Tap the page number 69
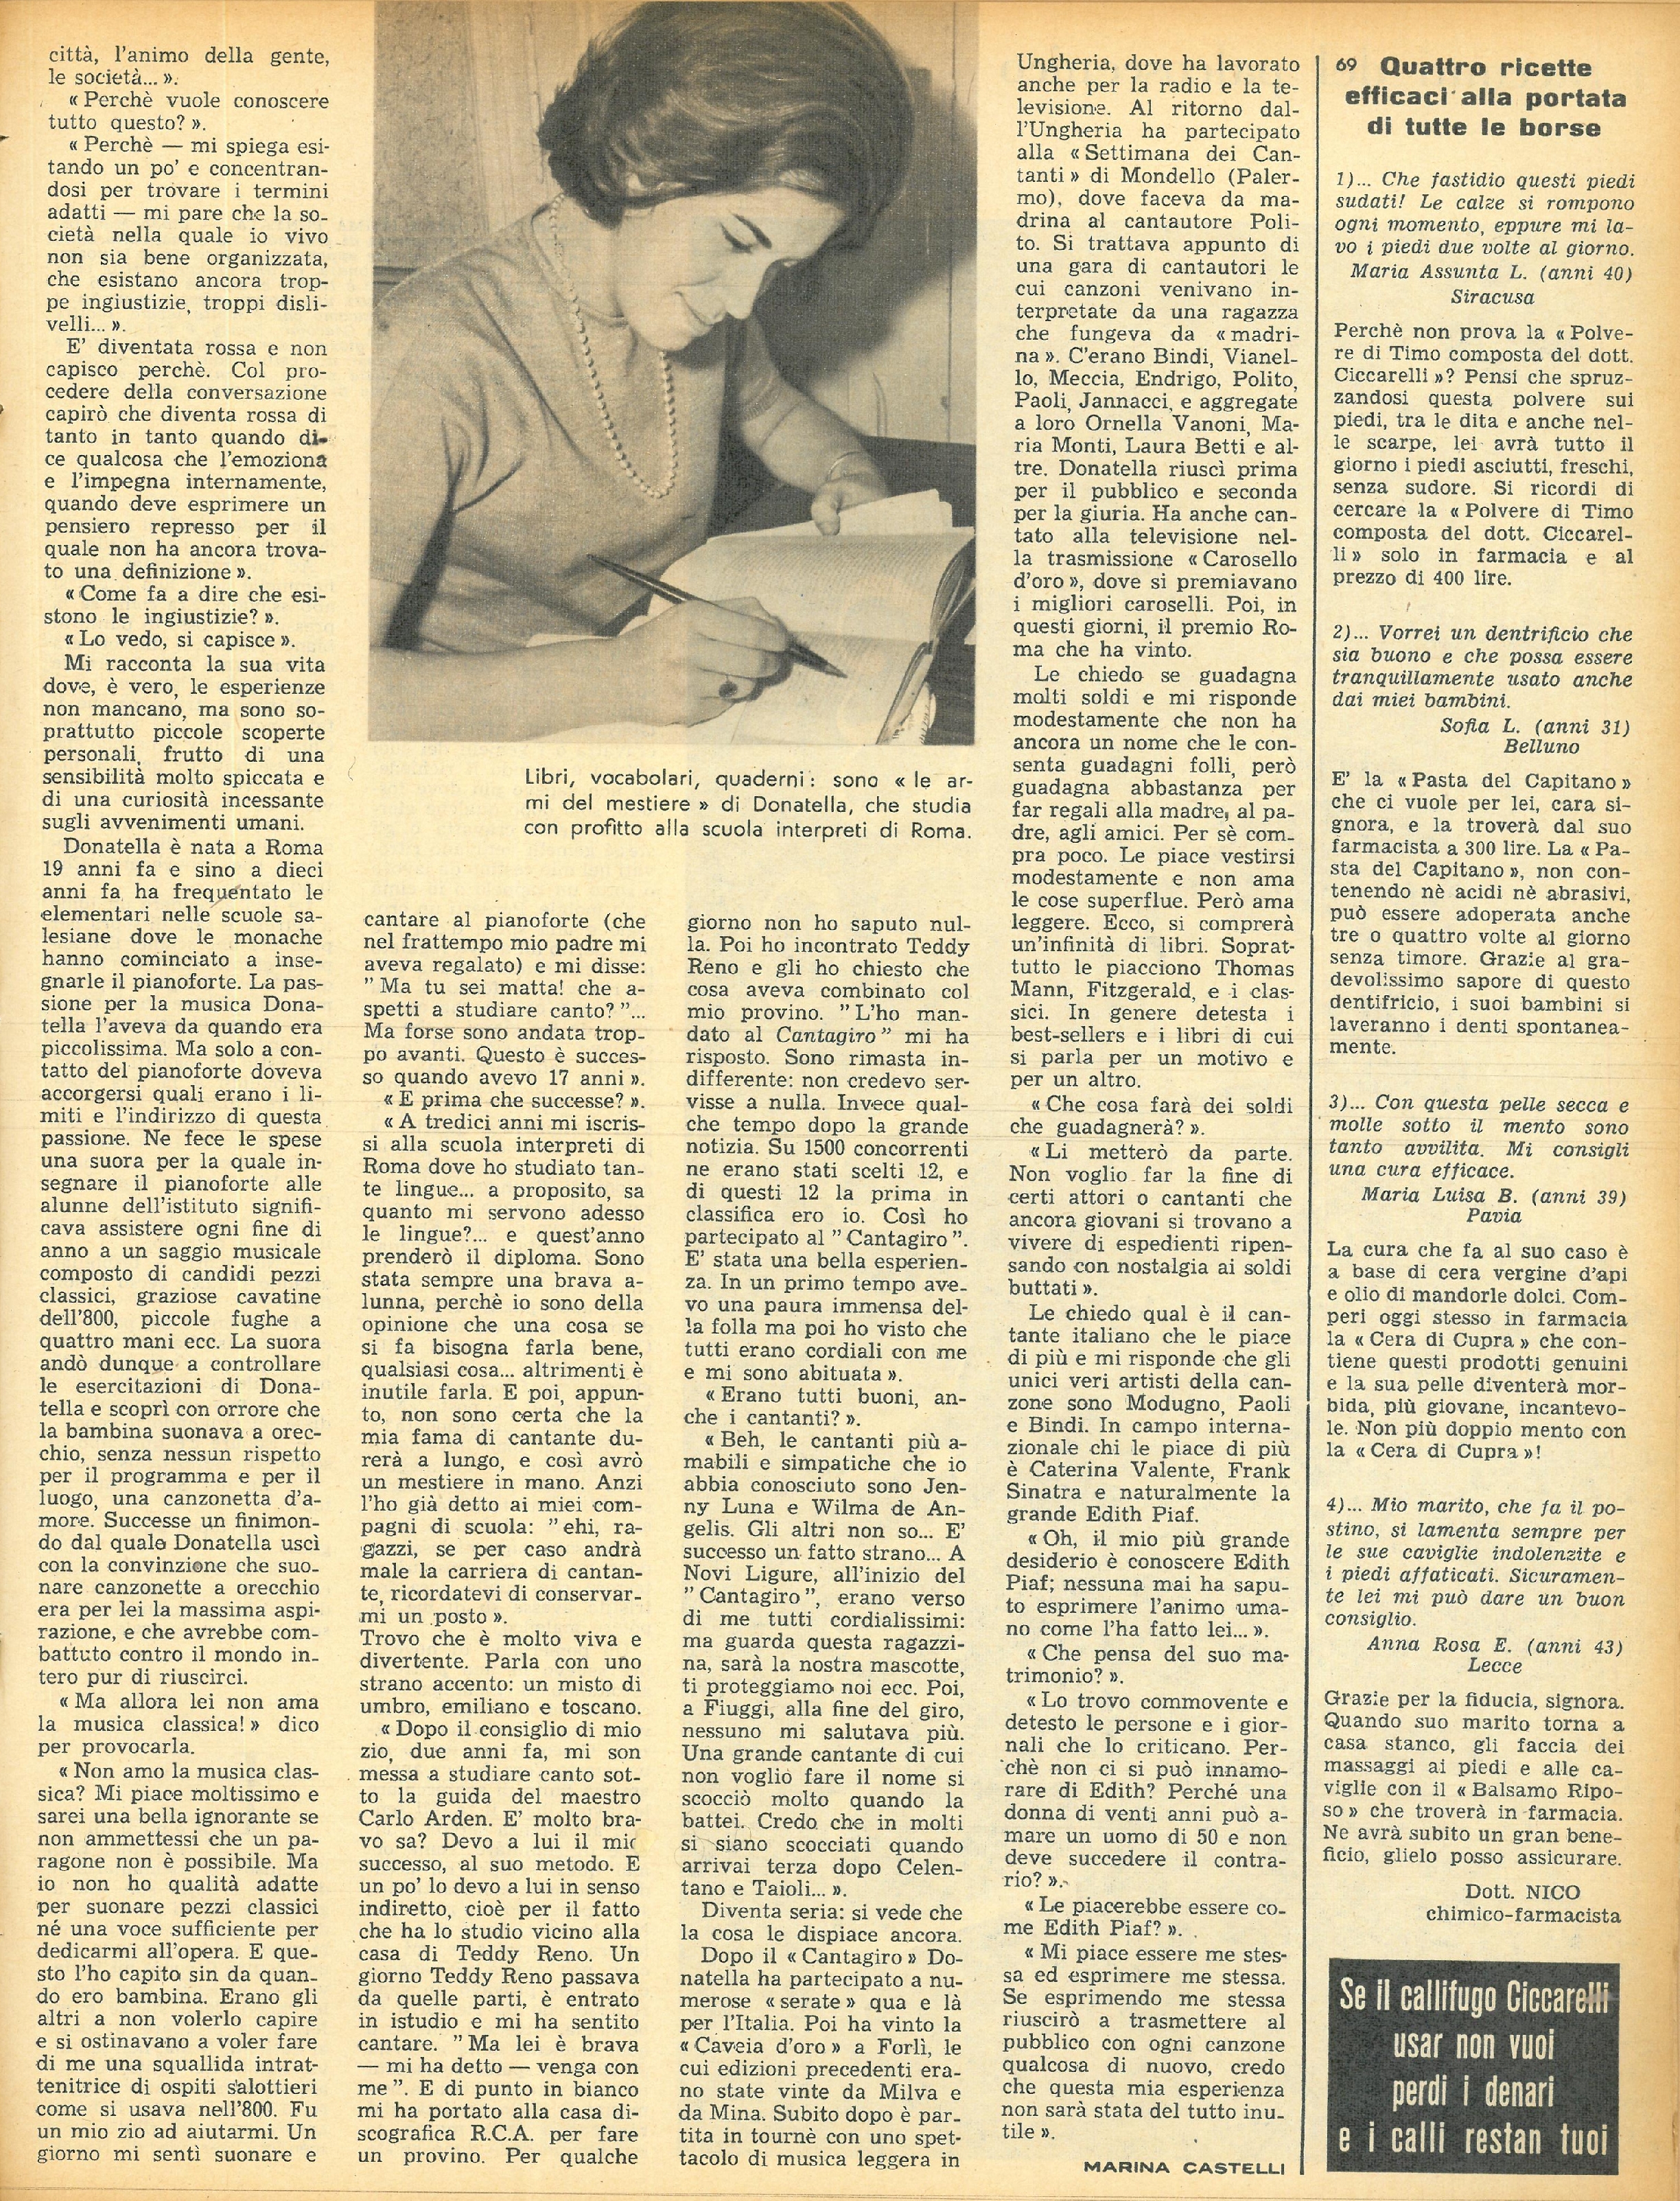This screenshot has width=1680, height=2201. pyautogui.click(x=1346, y=65)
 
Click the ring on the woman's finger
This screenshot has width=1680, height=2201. pyautogui.click(x=731, y=687)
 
